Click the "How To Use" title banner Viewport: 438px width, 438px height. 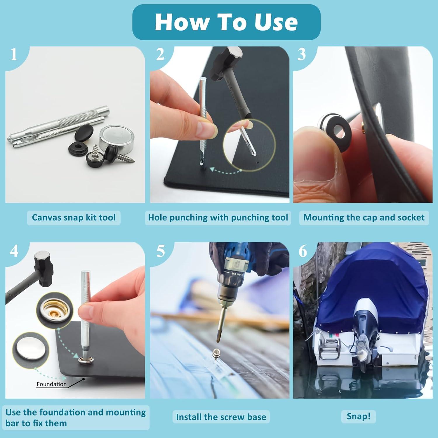pyautogui.click(x=226, y=22)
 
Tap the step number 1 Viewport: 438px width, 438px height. pyautogui.click(x=14, y=54)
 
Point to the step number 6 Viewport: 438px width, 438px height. pyautogui.click(x=303, y=251)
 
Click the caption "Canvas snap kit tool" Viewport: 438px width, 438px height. pyautogui.click(x=74, y=218)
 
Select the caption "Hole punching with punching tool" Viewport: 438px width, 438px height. pyautogui.click(x=218, y=218)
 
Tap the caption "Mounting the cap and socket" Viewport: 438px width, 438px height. pyautogui.click(x=364, y=218)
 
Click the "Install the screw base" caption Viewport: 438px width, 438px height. pyautogui.click(x=221, y=417)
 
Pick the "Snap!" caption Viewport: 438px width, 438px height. pyautogui.click(x=358, y=416)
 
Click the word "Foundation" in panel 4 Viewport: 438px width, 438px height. pyautogui.click(x=52, y=384)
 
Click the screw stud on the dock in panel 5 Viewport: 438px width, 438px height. pyautogui.click(x=216, y=353)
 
